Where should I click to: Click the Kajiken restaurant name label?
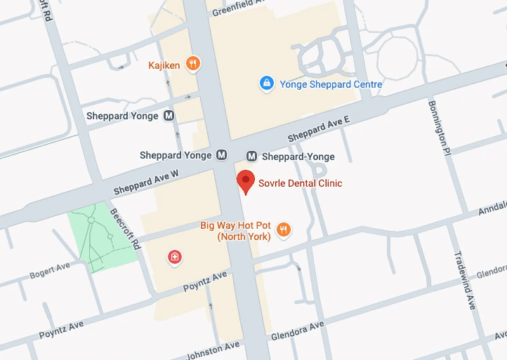click(x=164, y=65)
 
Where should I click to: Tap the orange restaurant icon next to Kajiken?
click(x=194, y=65)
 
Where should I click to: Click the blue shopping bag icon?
click(x=266, y=84)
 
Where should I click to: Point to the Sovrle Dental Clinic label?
click(x=301, y=183)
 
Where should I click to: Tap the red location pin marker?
click(x=245, y=181)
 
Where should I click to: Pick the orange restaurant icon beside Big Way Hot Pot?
click(x=284, y=229)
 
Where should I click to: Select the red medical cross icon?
click(x=175, y=258)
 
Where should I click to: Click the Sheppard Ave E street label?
click(x=318, y=129)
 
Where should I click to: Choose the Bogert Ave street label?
click(x=50, y=270)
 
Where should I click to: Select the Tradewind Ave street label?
click(x=465, y=280)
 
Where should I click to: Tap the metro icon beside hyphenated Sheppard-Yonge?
click(x=252, y=156)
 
